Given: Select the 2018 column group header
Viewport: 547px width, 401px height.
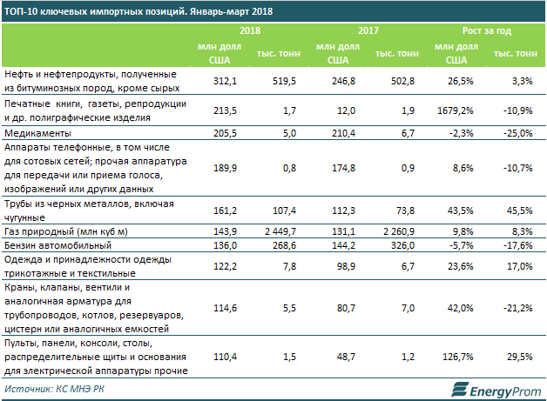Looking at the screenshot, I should (x=250, y=30).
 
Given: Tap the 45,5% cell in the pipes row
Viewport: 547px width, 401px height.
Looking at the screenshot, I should (x=517, y=210).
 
